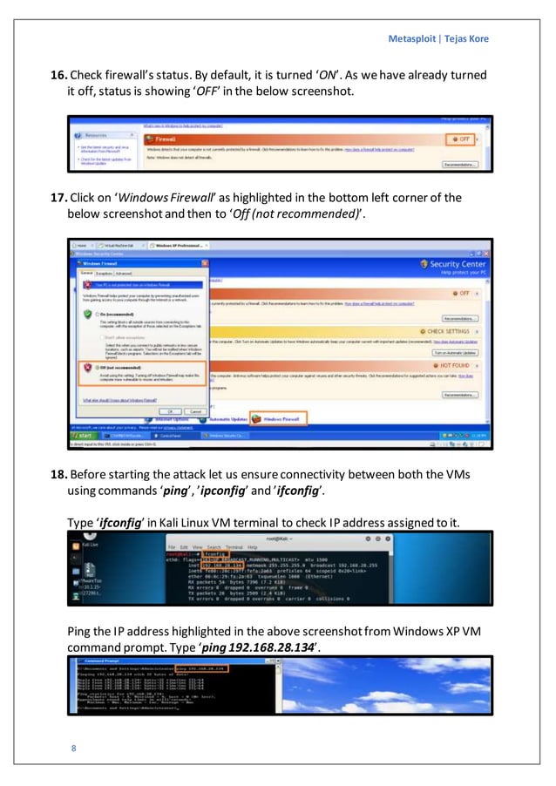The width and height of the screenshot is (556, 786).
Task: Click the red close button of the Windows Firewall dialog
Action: click(x=205, y=262)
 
